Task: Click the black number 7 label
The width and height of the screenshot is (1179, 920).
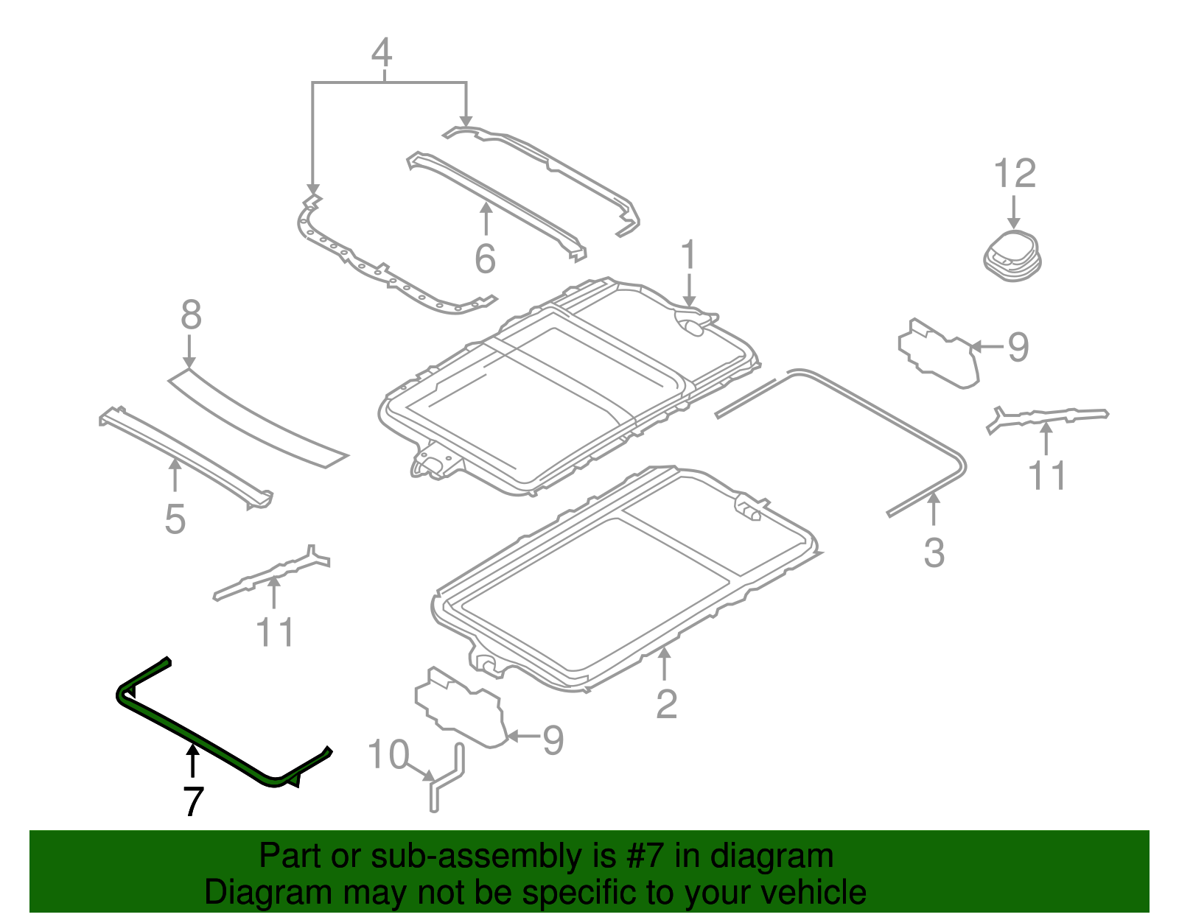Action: [x=193, y=801]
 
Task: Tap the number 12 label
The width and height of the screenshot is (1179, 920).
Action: [x=1015, y=175]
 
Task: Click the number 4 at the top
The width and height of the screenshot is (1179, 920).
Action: [x=381, y=53]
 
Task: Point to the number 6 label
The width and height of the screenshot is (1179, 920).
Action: [x=485, y=259]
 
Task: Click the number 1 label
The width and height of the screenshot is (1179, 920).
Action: [x=688, y=256]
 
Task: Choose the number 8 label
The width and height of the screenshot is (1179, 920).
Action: [x=191, y=316]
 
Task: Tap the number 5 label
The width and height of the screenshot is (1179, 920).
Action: [x=175, y=519]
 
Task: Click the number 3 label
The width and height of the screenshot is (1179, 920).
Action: [x=934, y=552]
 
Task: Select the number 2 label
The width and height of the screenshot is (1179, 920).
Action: [x=666, y=704]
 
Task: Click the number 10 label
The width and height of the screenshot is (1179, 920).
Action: [x=388, y=755]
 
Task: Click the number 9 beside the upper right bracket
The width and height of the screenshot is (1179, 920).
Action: [x=1018, y=347]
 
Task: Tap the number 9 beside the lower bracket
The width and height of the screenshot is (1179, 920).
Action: [x=553, y=740]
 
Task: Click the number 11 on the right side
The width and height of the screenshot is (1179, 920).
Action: [x=1047, y=476]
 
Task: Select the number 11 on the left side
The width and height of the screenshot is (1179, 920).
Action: [x=274, y=633]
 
